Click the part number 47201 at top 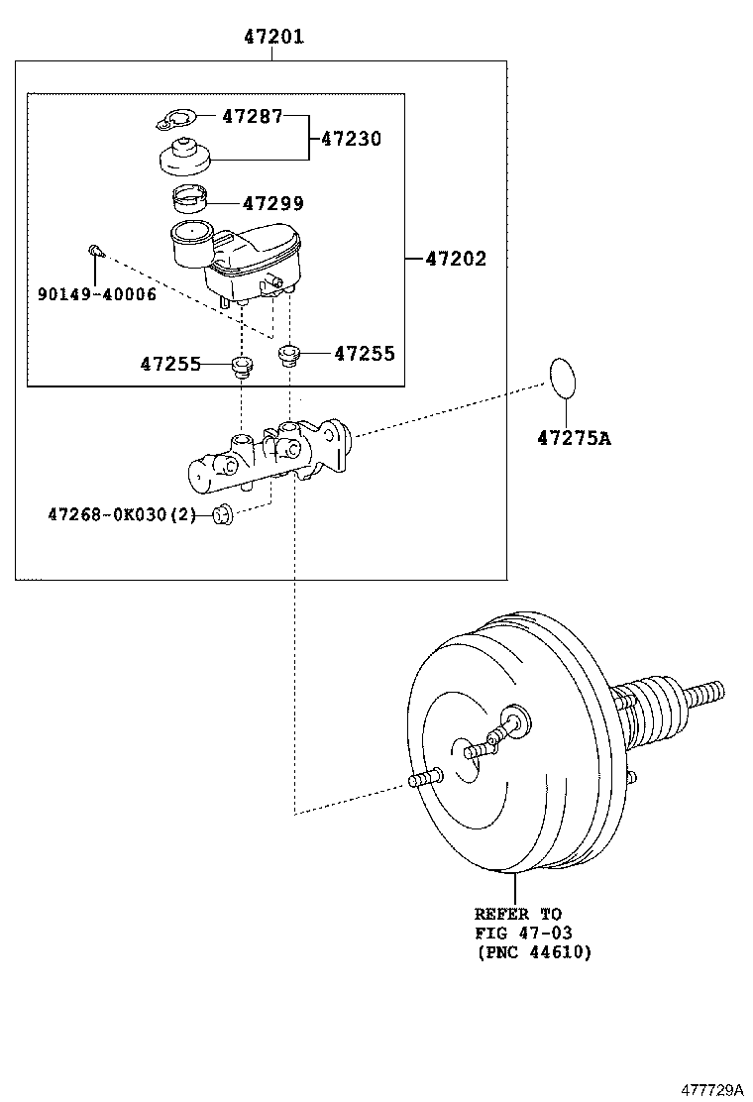(273, 38)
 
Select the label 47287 (252, 116)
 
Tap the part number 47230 (350, 139)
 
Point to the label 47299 (273, 204)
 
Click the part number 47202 (456, 260)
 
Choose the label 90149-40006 (97, 294)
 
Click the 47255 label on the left (170, 364)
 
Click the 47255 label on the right (364, 353)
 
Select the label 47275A (574, 437)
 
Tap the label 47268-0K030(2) (123, 514)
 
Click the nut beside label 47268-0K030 (224, 513)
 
